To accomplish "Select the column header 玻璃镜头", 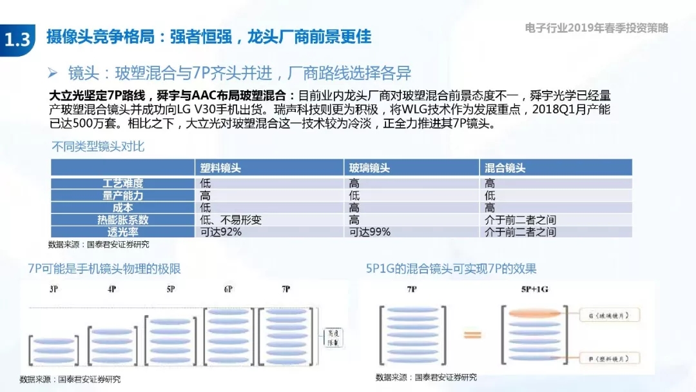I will pyautogui.click(x=369, y=168).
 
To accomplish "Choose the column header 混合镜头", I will pyautogui.click(x=505, y=168).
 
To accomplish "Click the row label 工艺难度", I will pyautogui.click(x=122, y=183).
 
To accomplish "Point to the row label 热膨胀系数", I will pyautogui.click(x=122, y=220).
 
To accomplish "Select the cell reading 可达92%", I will pyautogui.click(x=221, y=232).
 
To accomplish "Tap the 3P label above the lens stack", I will pyautogui.click(x=54, y=289).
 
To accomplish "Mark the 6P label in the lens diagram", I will pyautogui.click(x=228, y=289).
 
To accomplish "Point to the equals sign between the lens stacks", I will pyautogui.click(x=472, y=335).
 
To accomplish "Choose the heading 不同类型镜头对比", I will pyautogui.click(x=97, y=146).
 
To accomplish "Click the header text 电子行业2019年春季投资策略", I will pyautogui.click(x=596, y=28).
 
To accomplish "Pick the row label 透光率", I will pyautogui.click(x=122, y=232).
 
